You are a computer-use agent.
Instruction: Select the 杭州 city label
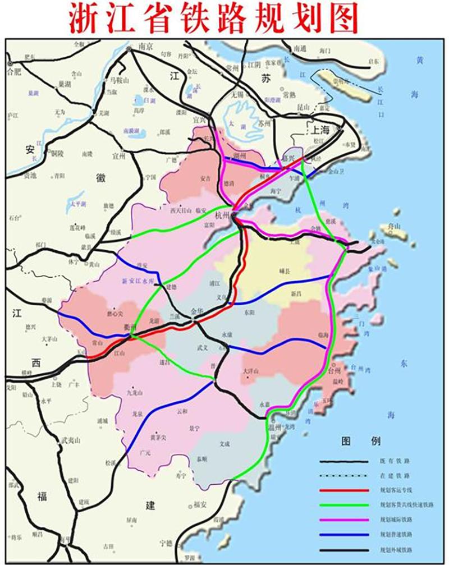click(223, 214)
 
